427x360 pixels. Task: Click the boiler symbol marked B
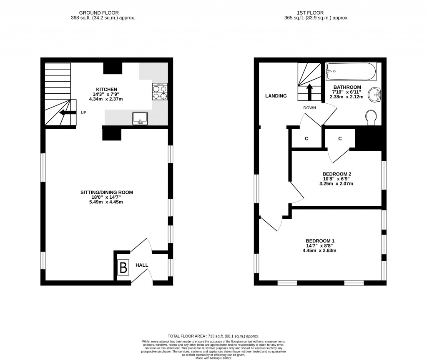(x=123, y=267)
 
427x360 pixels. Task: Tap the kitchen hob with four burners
(x=160, y=92)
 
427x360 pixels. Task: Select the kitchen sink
(x=141, y=119)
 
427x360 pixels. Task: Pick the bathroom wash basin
(x=377, y=94)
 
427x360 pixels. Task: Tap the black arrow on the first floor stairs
(x=310, y=92)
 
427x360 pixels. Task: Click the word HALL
(x=141, y=265)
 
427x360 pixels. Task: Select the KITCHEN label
(x=107, y=89)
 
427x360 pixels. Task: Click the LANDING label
(x=276, y=96)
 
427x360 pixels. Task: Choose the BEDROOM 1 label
(x=320, y=241)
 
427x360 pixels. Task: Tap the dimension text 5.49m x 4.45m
(x=106, y=202)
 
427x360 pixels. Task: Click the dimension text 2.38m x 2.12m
(x=347, y=97)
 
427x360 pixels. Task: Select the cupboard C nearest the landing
(x=306, y=138)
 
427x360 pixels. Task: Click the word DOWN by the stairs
(x=309, y=108)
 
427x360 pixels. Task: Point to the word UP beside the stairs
(x=83, y=112)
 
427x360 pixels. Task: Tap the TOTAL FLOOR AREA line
(x=213, y=336)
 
